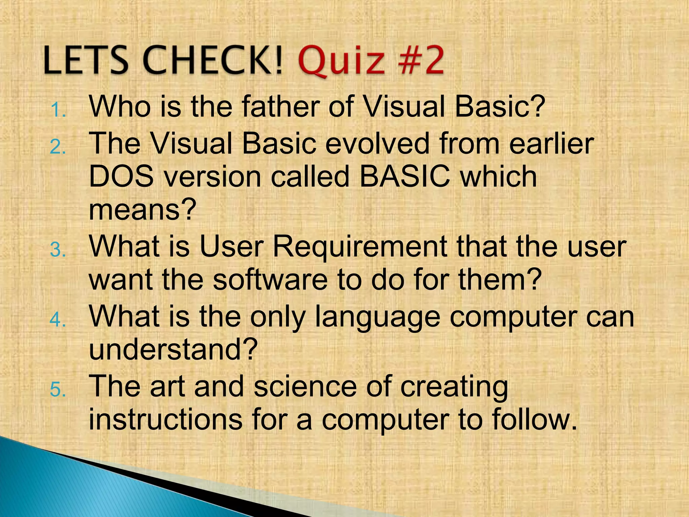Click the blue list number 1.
pyautogui.click(x=58, y=111)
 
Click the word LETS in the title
pyautogui.click(x=86, y=61)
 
